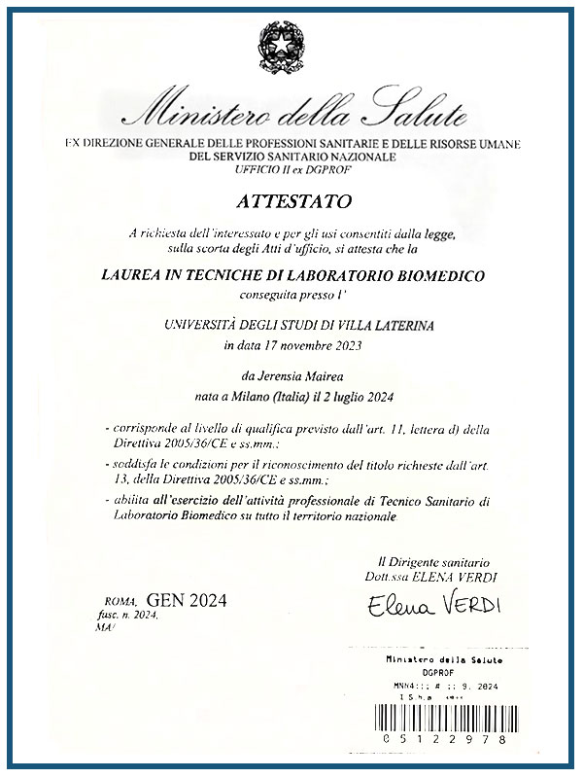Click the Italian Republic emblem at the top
(291, 45)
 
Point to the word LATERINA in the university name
(423, 326)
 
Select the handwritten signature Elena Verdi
(433, 606)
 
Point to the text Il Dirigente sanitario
(432, 562)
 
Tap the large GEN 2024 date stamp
(186, 600)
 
